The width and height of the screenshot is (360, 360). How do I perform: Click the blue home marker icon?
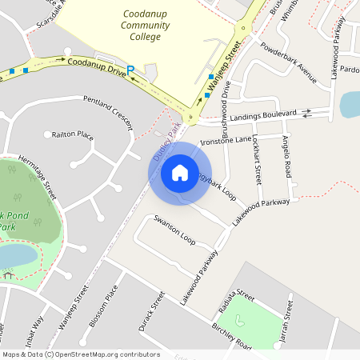click(180, 171)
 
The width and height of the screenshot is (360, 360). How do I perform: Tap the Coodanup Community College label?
click(147, 25)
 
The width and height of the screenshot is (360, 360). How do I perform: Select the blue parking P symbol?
click(130, 70)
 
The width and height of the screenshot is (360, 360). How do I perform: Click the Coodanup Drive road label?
click(97, 66)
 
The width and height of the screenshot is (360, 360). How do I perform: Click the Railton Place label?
click(73, 135)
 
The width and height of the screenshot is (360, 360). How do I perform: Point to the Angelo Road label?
click(286, 155)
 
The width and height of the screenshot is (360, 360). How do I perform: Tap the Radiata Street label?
click(235, 302)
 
